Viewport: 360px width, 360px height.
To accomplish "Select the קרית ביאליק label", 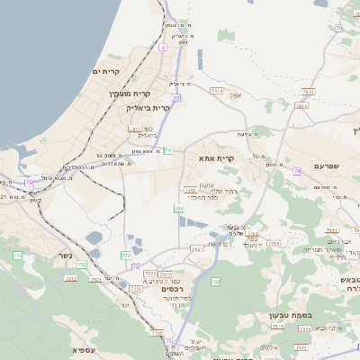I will coord(151,107).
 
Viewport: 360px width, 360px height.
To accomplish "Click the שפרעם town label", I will coord(330,166).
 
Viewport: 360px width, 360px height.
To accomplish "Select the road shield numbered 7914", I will coord(216,91).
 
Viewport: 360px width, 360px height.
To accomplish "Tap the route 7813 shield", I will coord(308,91).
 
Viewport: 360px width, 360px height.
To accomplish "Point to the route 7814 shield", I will coord(301,106).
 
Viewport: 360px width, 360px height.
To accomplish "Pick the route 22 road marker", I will coord(176,98).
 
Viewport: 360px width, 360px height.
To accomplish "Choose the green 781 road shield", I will coord(168,149).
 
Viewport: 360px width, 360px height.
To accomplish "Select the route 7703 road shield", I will coord(274,244).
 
